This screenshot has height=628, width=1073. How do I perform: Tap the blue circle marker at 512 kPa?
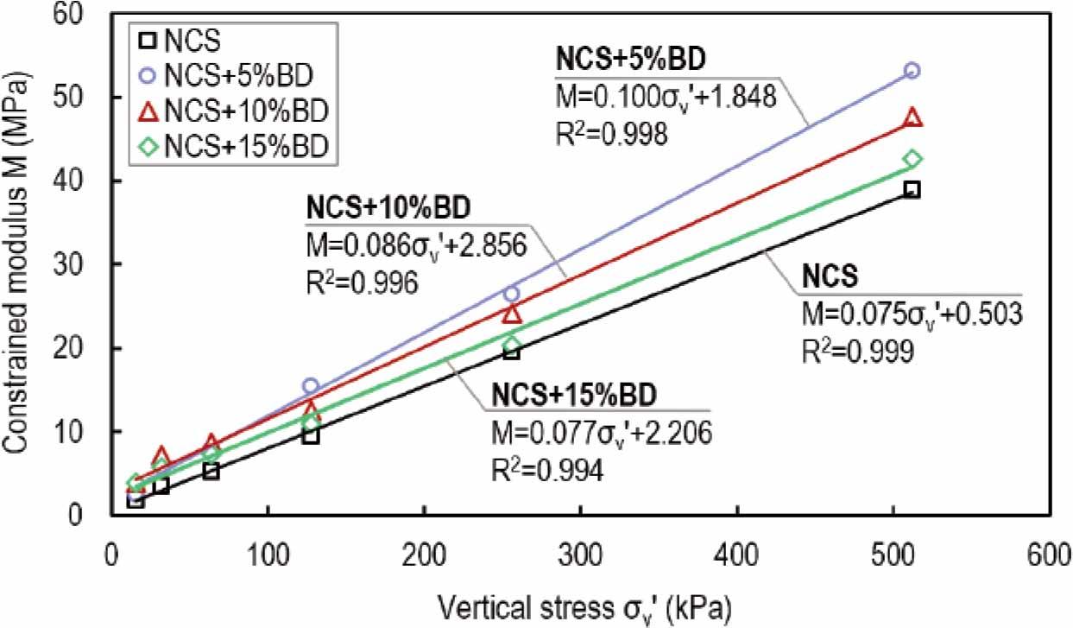pyautogui.click(x=912, y=70)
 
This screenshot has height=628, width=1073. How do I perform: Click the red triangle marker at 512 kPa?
pyautogui.click(x=912, y=118)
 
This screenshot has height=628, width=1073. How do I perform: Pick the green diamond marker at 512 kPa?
pyautogui.click(x=912, y=159)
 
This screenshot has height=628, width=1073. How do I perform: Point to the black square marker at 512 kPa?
pyautogui.click(x=912, y=190)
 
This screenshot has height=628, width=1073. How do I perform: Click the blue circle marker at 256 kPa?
pyautogui.click(x=511, y=294)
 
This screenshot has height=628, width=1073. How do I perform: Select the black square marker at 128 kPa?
pyautogui.click(x=311, y=436)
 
